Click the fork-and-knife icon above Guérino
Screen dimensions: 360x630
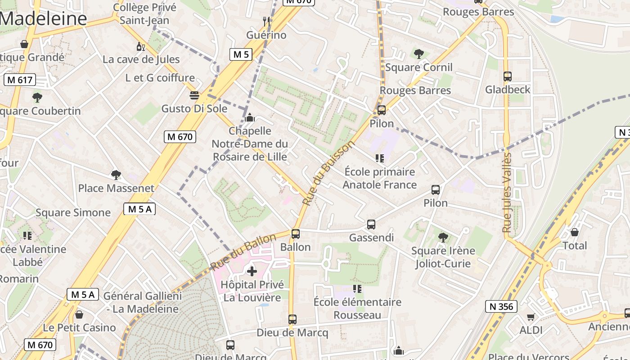[266, 21]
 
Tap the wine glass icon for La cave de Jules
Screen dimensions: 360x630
[140, 46]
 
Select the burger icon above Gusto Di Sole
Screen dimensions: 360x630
[194, 95]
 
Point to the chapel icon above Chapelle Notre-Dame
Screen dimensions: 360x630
[250, 118]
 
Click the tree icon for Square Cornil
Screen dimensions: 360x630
[418, 54]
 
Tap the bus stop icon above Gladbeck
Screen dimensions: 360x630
[508, 76]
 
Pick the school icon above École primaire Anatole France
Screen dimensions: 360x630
[380, 158]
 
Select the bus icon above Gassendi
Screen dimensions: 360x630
[371, 224]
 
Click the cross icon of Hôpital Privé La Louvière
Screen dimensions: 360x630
[252, 271]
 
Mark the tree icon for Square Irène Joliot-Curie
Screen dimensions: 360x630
[443, 237]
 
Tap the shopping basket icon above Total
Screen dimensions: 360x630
[575, 232]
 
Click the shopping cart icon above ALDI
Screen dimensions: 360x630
[531, 317]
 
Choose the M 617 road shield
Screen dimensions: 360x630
[19, 80]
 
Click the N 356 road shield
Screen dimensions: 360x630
[500, 306]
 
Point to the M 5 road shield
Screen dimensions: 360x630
[241, 54]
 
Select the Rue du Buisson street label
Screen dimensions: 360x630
[329, 173]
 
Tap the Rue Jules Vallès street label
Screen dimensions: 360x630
[507, 193]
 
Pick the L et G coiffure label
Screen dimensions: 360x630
[160, 78]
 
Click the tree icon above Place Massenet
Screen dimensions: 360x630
[116, 175]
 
